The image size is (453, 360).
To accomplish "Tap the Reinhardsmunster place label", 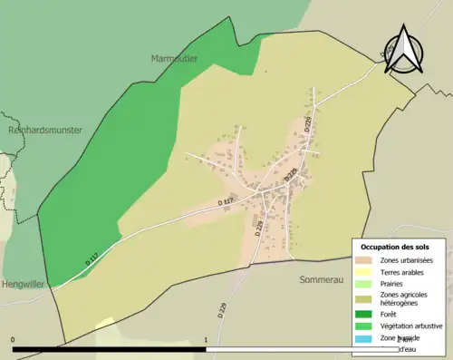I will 45,130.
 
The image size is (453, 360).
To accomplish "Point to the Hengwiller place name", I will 24,284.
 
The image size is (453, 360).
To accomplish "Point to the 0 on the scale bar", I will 13,340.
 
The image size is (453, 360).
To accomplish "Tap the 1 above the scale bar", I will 207,340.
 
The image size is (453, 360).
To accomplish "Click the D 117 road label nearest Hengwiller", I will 91,258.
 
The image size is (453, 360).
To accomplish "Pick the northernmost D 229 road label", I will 308,124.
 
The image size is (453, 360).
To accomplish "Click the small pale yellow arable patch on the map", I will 105,322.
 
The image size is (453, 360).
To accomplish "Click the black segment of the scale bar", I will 109,348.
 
